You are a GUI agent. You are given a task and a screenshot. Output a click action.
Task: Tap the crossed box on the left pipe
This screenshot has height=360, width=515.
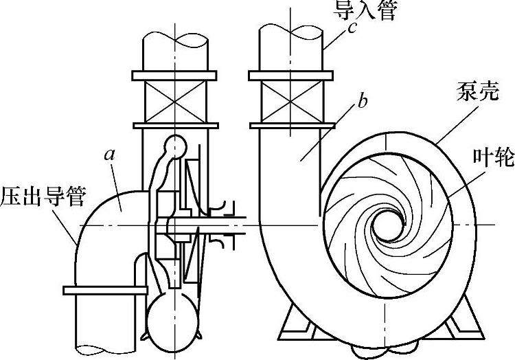click(x=174, y=100)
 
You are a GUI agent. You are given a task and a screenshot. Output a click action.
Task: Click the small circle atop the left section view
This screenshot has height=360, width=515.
click(x=176, y=145)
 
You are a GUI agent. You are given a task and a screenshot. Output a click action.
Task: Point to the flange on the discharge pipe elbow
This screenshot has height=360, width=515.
click(x=105, y=289)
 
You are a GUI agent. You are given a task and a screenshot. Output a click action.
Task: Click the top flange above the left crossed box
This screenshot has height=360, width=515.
click(x=174, y=75)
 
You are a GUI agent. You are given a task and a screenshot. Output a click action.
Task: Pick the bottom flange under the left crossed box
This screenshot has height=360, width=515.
click(x=174, y=125)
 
